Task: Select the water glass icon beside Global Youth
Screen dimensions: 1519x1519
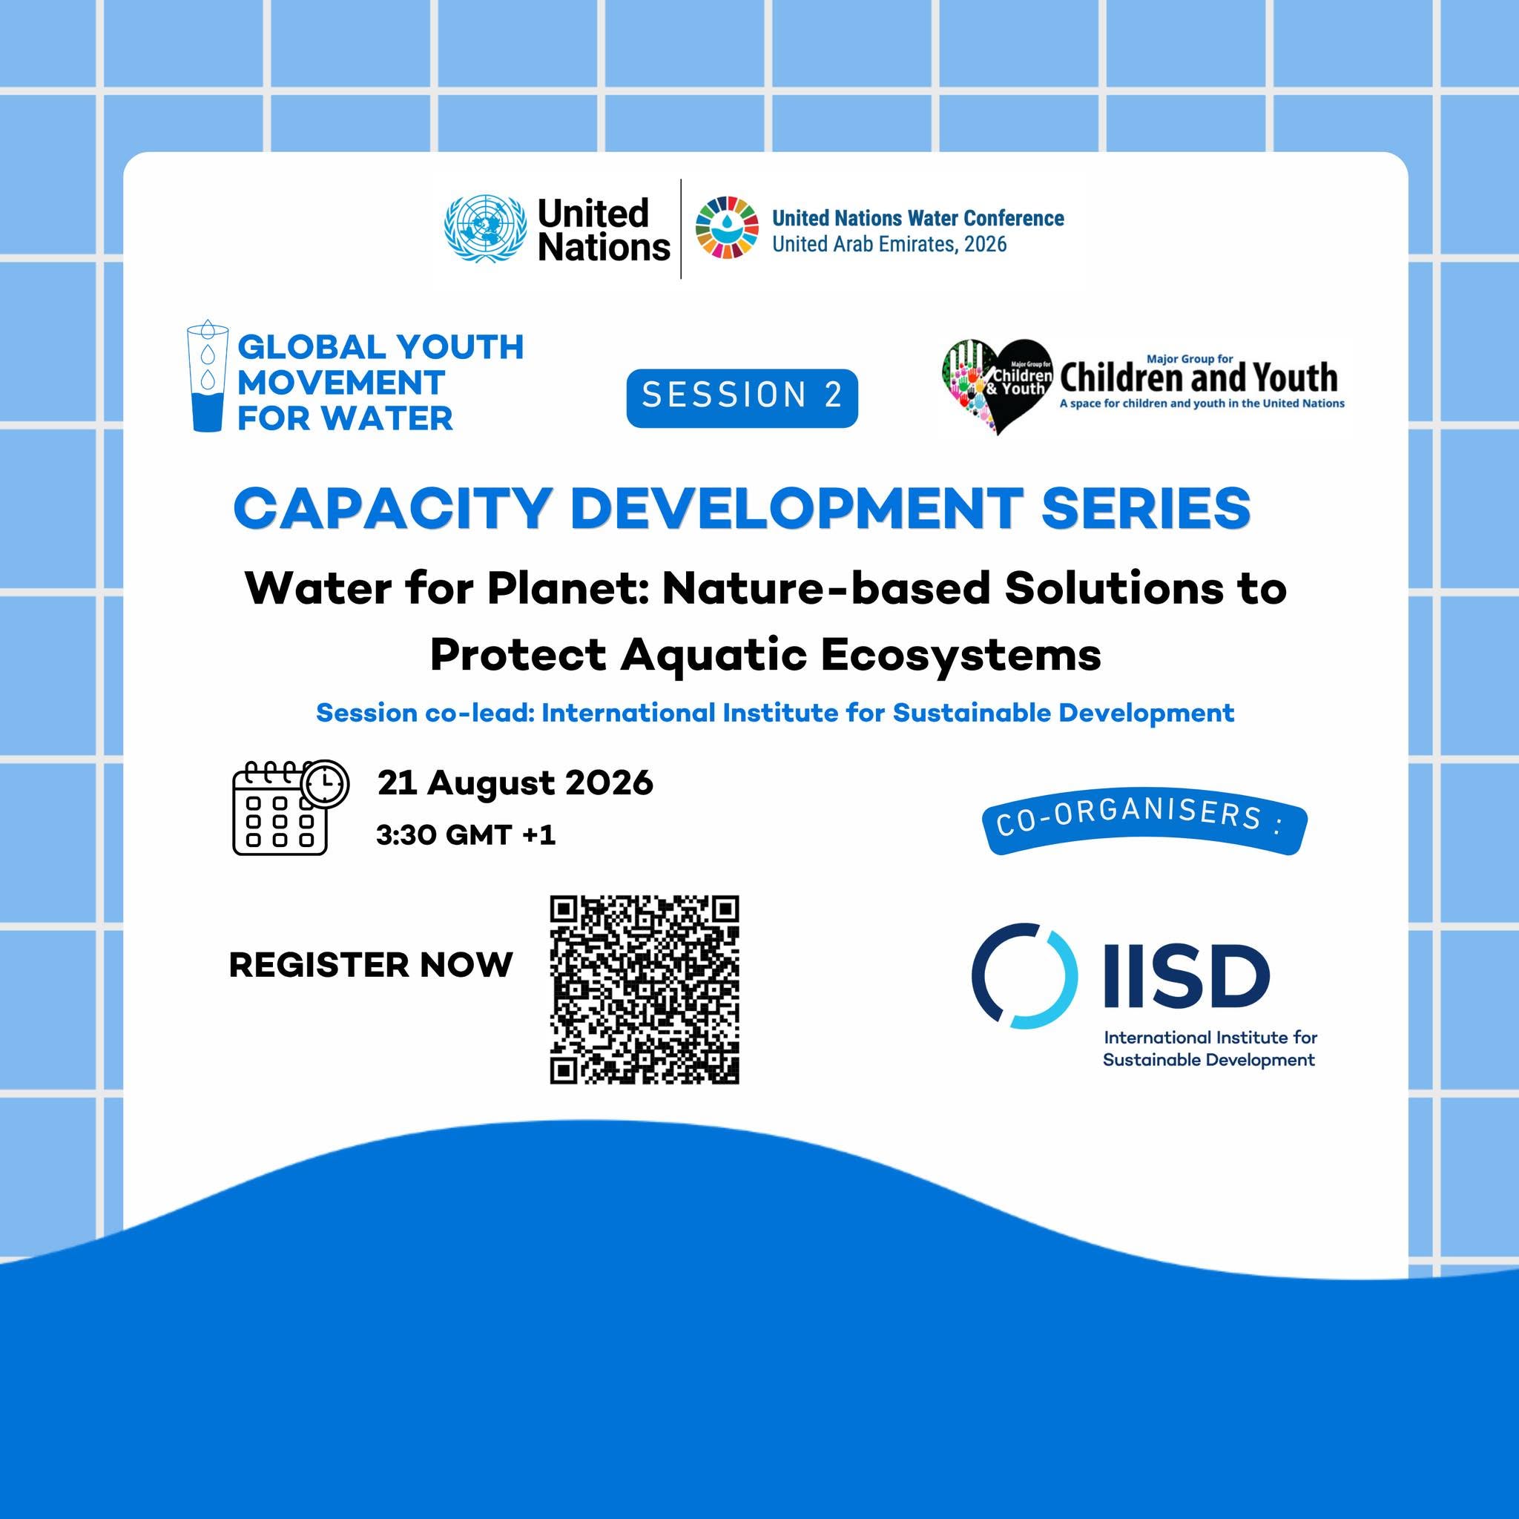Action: click(x=208, y=375)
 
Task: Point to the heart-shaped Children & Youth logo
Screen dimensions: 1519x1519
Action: click(x=997, y=386)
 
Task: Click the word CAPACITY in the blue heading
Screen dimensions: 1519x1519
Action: click(x=391, y=508)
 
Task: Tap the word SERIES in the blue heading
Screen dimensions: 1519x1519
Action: click(x=1145, y=508)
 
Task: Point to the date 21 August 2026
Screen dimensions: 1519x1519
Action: click(x=515, y=783)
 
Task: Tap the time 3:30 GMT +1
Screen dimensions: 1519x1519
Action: click(x=466, y=835)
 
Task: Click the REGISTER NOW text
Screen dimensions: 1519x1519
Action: click(x=370, y=966)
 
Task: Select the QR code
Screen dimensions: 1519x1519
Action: click(x=644, y=990)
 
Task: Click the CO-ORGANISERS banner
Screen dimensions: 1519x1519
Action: click(x=1144, y=827)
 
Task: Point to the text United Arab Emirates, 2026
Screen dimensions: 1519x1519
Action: click(x=889, y=245)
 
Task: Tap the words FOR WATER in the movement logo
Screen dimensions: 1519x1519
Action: click(x=345, y=418)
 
